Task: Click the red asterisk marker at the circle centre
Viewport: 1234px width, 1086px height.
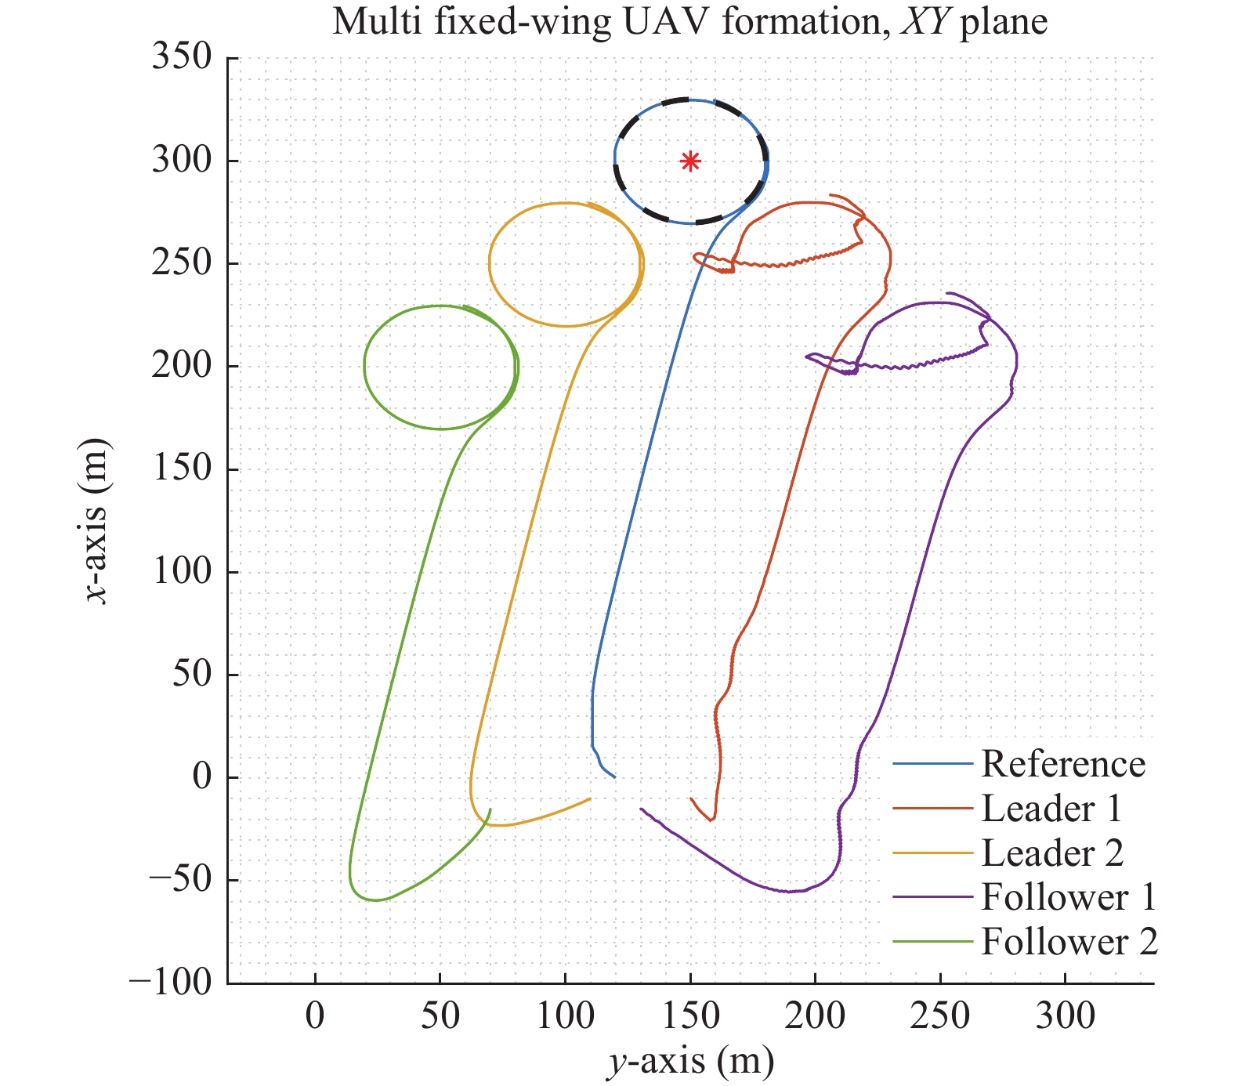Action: pos(689,161)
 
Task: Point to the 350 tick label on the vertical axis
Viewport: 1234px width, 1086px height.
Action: pos(182,57)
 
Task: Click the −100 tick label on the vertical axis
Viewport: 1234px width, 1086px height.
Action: pos(170,983)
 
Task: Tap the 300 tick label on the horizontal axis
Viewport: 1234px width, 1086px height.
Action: pos(1066,1017)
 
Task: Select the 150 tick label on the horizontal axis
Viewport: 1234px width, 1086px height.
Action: pos(690,1017)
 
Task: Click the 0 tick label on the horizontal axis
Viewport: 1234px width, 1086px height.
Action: pos(315,1017)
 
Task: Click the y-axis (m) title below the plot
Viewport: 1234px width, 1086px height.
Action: pos(690,1061)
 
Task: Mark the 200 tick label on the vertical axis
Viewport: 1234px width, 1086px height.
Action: pos(182,366)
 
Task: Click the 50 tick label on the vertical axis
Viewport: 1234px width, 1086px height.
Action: pos(192,674)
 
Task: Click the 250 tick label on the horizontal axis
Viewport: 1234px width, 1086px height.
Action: pos(940,1017)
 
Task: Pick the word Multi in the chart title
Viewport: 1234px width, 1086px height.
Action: pos(371,22)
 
